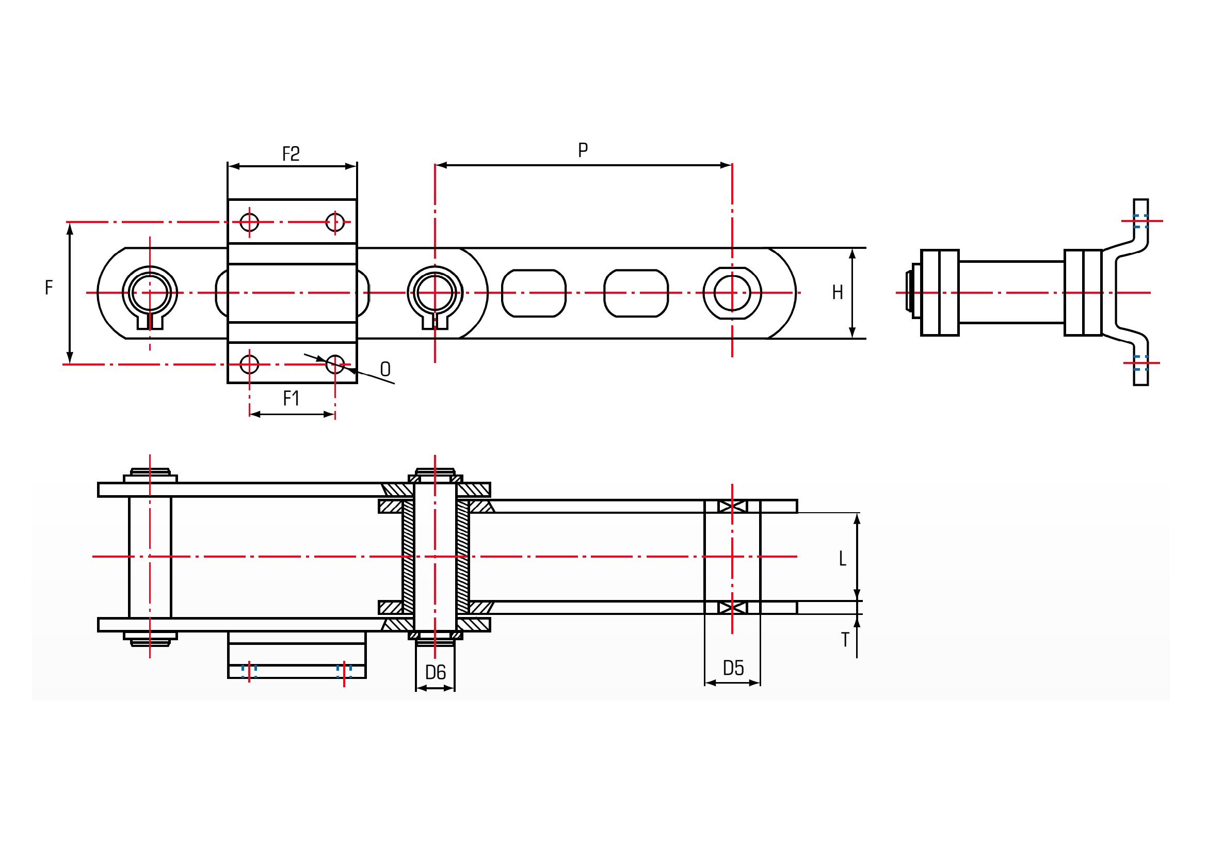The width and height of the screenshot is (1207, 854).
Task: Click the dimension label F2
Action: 291,154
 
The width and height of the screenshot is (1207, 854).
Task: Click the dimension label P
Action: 583,150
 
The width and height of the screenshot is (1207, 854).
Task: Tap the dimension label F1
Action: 291,399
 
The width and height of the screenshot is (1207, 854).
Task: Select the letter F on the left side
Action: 49,288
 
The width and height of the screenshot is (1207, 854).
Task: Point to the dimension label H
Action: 838,292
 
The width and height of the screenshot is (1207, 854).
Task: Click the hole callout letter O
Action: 385,369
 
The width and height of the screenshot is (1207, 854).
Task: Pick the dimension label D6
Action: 436,673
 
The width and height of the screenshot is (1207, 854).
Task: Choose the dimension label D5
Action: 733,668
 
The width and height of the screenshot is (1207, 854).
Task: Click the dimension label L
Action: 843,559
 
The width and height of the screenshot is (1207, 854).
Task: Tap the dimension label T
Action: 845,640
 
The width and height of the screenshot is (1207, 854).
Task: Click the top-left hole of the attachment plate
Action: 249,222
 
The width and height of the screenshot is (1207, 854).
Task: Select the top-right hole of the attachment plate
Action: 335,222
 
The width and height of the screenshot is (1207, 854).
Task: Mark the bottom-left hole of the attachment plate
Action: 249,364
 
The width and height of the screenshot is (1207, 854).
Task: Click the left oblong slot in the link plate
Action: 534,293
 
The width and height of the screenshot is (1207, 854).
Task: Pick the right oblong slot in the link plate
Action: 636,293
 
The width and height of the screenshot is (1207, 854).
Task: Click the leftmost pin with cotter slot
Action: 150,293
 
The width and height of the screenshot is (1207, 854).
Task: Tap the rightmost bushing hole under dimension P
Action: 732,293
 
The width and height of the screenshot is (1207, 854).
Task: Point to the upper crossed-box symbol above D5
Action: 732,507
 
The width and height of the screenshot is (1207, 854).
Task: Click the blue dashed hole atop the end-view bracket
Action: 1140,222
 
